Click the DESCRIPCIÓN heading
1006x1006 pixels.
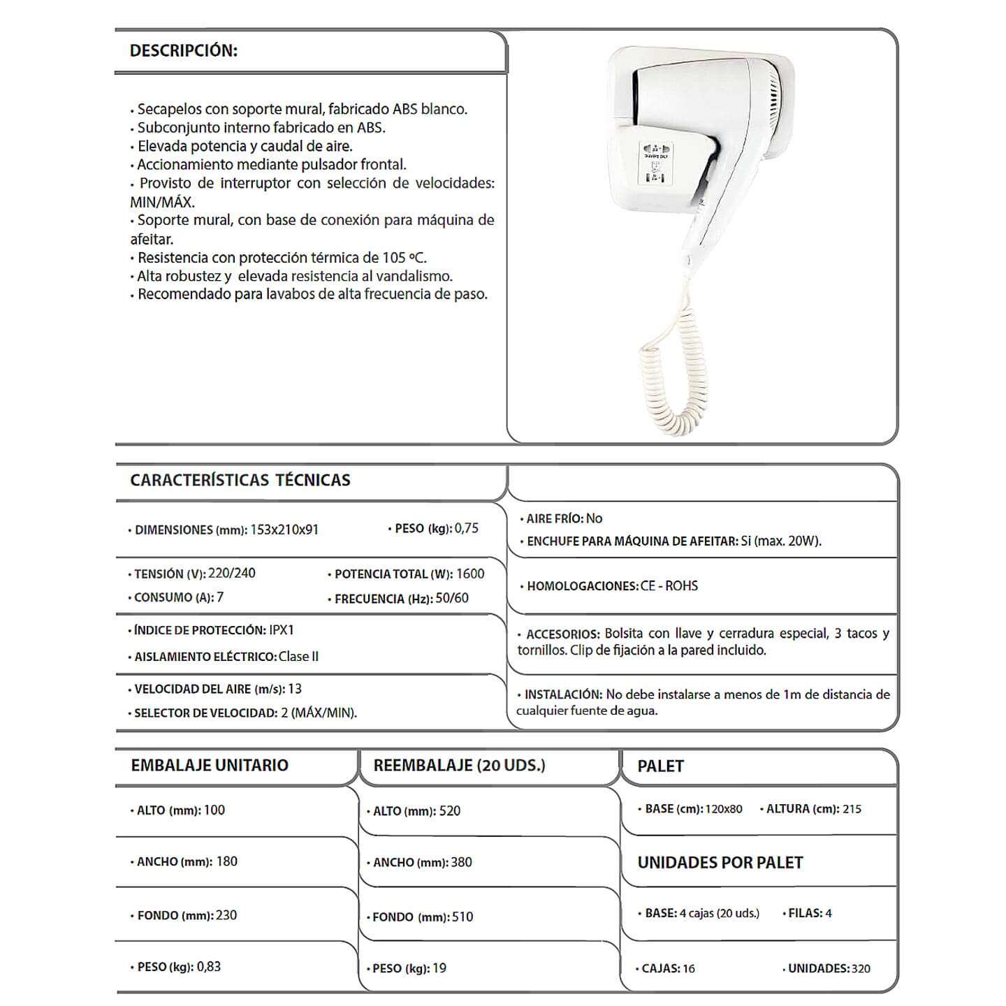pyautogui.click(x=184, y=51)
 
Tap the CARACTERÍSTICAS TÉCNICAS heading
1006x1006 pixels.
pyautogui.click(x=240, y=480)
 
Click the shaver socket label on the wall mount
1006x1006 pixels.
pyautogui.click(x=655, y=164)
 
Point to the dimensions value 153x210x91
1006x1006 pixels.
pyautogui.click(x=284, y=530)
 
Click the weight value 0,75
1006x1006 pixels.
pyautogui.click(x=467, y=528)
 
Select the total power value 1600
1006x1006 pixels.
pyautogui.click(x=470, y=574)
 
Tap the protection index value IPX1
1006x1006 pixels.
pyautogui.click(x=282, y=630)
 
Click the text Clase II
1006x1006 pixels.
pyautogui.click(x=298, y=657)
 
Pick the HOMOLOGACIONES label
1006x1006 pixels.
pyautogui.click(x=582, y=586)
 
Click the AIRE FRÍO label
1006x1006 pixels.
pyautogui.click(x=554, y=519)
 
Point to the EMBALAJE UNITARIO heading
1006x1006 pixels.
pyautogui.click(x=210, y=765)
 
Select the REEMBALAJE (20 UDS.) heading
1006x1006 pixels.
pyautogui.click(x=459, y=765)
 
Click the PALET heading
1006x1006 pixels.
pyautogui.click(x=660, y=766)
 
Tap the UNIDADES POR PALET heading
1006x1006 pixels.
pyautogui.click(x=720, y=863)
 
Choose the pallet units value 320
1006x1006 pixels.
pyautogui.click(x=861, y=968)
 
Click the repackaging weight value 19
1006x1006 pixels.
pyautogui.click(x=439, y=968)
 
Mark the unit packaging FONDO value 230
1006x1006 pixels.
pyautogui.click(x=226, y=915)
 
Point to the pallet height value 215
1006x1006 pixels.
pyautogui.click(x=852, y=809)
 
